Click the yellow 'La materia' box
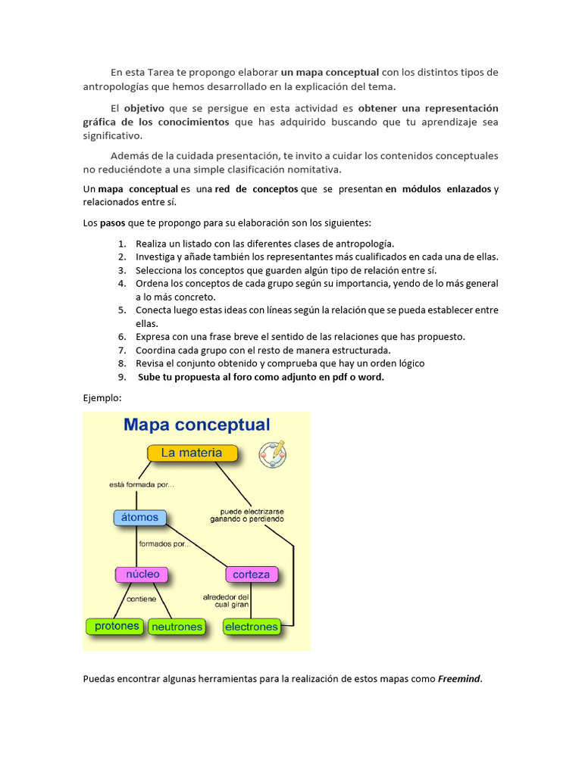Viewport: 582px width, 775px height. pos(192,453)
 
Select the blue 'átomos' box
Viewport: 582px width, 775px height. pos(139,518)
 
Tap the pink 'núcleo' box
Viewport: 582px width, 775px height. pos(142,574)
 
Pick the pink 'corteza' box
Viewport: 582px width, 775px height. pos(251,574)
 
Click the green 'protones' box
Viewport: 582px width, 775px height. pos(117,627)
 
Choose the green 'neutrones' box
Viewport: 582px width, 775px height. pos(177,627)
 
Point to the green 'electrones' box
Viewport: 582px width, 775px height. pos(252,627)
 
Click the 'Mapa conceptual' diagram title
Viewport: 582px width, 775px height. pos(196,425)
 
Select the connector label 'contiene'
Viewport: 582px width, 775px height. pos(142,599)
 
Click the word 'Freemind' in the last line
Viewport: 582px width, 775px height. pos(459,679)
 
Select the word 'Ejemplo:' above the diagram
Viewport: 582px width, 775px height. pos(102,397)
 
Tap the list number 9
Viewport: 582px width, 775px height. pos(121,377)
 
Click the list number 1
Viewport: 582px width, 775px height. pos(121,244)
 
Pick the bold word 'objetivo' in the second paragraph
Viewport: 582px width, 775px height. pos(144,108)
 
